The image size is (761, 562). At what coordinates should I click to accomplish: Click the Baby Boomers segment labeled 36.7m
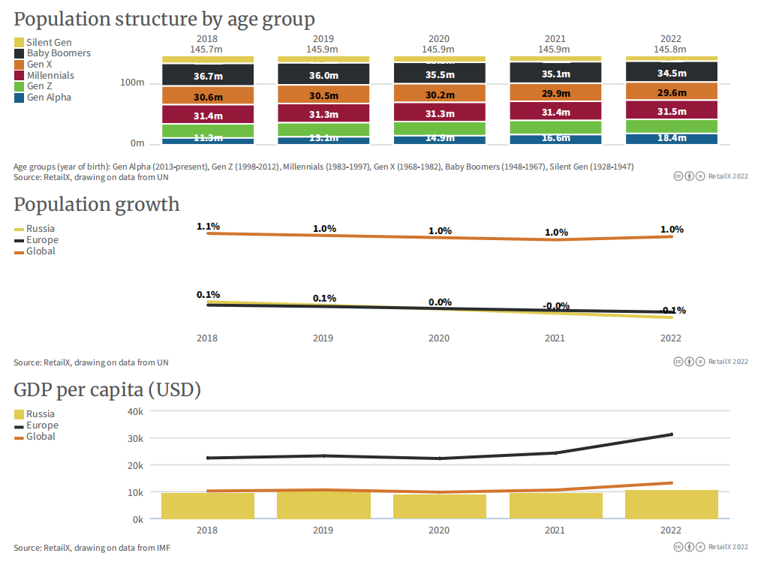click(x=208, y=76)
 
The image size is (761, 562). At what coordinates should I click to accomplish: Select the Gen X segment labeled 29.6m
click(x=672, y=92)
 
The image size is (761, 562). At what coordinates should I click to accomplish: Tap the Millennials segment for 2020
click(x=440, y=113)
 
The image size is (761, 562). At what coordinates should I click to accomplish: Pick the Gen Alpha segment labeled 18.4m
click(x=672, y=138)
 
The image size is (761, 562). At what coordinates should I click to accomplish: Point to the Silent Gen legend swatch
click(x=20, y=43)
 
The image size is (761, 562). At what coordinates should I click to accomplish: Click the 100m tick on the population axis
click(x=132, y=83)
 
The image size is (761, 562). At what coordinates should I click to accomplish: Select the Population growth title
click(x=97, y=204)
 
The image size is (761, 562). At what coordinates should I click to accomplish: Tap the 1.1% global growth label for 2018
click(x=208, y=226)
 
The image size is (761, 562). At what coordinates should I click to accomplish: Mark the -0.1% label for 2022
click(x=672, y=310)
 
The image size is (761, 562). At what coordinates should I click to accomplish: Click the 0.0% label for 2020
click(x=440, y=302)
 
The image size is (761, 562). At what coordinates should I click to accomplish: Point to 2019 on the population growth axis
click(x=323, y=338)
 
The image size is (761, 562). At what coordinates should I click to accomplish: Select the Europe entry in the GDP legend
click(x=42, y=425)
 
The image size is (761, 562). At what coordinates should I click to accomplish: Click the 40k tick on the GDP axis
click(x=134, y=411)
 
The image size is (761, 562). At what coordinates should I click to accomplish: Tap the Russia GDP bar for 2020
click(x=440, y=506)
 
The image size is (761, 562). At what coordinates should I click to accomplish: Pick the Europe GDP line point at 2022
click(x=671, y=434)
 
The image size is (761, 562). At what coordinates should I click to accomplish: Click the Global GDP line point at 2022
click(x=671, y=482)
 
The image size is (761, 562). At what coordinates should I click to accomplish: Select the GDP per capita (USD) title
click(x=107, y=390)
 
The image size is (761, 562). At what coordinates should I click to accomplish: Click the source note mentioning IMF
click(x=92, y=548)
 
